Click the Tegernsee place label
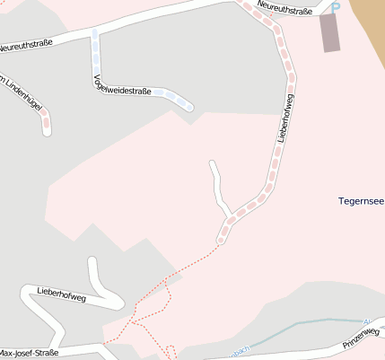[x=361, y=200]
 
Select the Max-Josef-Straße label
[x=30, y=353]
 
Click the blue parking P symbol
[x=337, y=7]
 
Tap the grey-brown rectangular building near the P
[x=331, y=33]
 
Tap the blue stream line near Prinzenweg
[x=305, y=325]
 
